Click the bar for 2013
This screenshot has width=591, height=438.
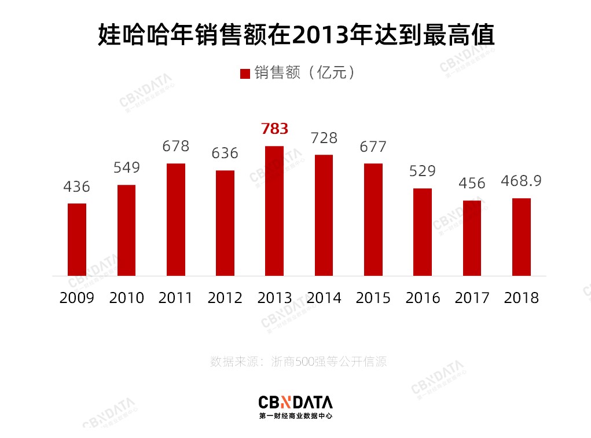tap(274, 211)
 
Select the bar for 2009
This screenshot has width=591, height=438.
tap(77, 239)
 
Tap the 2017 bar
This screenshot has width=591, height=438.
tap(472, 238)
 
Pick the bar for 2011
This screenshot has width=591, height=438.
tap(176, 220)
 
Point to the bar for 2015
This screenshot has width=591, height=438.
tap(373, 220)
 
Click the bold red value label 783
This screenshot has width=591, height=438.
tap(274, 129)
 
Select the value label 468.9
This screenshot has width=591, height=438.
tap(522, 181)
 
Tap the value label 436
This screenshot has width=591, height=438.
tap(77, 187)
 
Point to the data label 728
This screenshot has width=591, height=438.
tap(324, 138)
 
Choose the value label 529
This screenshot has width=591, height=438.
tap(422, 171)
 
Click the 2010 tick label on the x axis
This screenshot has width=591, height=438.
tap(126, 298)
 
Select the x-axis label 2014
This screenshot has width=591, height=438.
tap(324, 298)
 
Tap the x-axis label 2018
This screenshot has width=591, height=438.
tap(521, 298)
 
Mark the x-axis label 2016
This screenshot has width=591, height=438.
tap(423, 298)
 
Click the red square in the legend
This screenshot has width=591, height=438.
tap(245, 74)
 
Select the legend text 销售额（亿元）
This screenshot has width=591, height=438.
tap(303, 73)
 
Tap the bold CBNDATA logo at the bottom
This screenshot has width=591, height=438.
tap(295, 402)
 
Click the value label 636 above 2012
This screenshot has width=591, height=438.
tap(225, 154)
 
